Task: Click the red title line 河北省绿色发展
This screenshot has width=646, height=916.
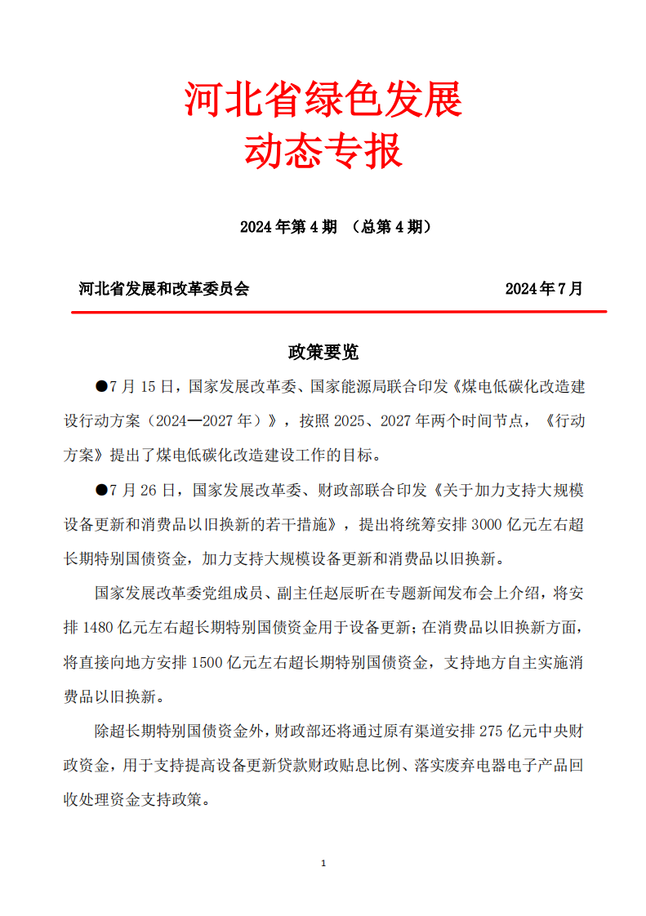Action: (x=323, y=100)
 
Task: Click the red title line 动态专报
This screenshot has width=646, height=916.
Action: (x=323, y=152)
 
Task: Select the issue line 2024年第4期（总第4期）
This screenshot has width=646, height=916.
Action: (x=336, y=227)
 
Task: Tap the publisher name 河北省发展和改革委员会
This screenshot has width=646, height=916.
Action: (x=163, y=288)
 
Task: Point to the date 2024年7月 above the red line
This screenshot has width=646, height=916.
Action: (x=544, y=288)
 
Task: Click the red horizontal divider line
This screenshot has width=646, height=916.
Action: (x=339, y=311)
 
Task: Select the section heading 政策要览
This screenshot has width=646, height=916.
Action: (x=323, y=352)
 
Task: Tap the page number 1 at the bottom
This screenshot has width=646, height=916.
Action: (x=324, y=863)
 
